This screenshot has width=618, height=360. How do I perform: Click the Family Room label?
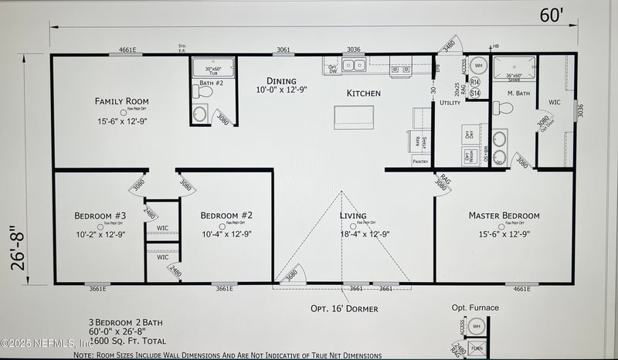click(121, 101)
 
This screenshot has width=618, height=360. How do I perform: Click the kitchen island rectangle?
click(348, 117)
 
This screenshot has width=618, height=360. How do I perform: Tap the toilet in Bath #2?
click(203, 92)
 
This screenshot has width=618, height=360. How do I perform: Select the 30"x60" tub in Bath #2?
click(212, 68)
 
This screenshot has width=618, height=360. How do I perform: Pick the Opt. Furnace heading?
click(475, 307)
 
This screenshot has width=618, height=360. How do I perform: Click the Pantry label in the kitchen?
click(419, 162)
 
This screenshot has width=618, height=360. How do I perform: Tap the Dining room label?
click(281, 81)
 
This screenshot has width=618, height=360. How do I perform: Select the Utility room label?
click(450, 102)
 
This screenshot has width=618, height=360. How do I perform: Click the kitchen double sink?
click(354, 66)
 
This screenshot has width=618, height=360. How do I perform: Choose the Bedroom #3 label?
click(100, 216)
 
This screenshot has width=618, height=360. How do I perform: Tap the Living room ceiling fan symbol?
click(352, 226)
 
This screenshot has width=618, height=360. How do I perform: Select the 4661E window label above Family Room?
click(127, 50)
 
